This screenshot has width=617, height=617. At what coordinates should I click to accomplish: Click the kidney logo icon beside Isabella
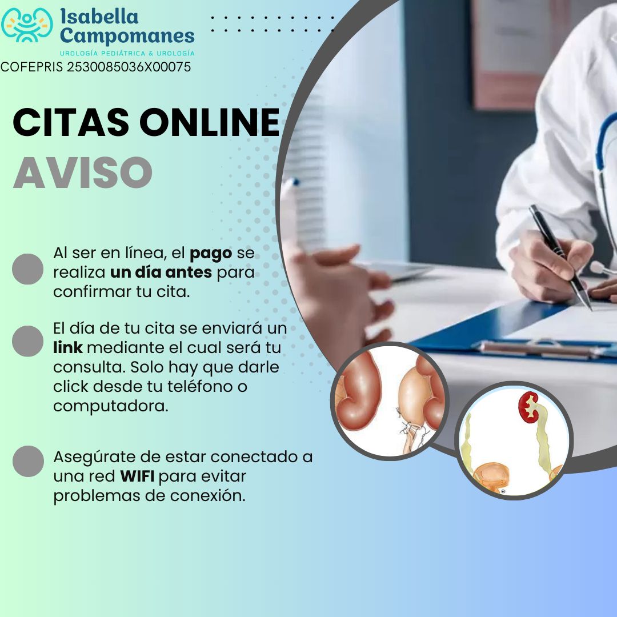(x=27, y=25)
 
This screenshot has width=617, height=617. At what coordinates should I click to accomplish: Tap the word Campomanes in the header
(x=127, y=36)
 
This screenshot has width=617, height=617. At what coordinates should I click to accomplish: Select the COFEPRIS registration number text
(x=95, y=67)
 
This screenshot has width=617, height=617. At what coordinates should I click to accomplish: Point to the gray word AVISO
(x=83, y=173)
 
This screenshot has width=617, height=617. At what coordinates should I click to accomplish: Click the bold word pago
(x=211, y=254)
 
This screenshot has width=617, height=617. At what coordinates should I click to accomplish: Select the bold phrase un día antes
(x=161, y=273)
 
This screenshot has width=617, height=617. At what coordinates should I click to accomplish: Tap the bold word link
(x=67, y=347)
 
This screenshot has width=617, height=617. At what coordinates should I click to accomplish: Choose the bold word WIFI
(x=137, y=476)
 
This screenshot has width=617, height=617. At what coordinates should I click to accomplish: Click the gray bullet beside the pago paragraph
(x=27, y=269)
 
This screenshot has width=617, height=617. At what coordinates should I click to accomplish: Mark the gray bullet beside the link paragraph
(x=27, y=341)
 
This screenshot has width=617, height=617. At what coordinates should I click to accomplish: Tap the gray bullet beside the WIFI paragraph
(x=28, y=461)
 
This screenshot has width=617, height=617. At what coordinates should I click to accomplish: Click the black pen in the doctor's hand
(x=560, y=257)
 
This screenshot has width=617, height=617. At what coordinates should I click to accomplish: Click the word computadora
(x=111, y=406)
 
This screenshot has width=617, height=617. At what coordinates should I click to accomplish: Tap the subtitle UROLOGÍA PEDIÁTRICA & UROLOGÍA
(x=127, y=53)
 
